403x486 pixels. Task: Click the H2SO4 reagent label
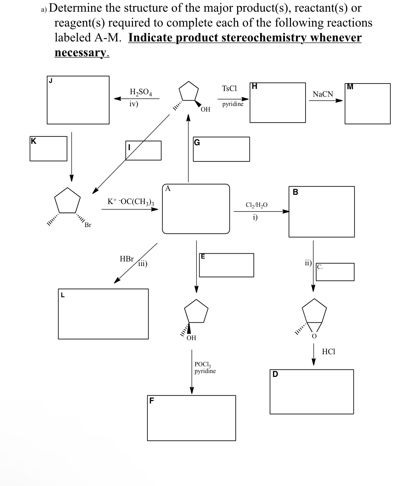[x=141, y=92]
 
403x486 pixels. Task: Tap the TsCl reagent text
[x=229, y=89]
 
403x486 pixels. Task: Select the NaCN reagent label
[x=323, y=94]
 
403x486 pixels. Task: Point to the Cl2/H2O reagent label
[x=256, y=205]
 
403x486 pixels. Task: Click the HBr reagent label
[x=127, y=259]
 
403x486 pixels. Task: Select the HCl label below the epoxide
[x=328, y=352]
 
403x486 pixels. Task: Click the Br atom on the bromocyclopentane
[x=88, y=225]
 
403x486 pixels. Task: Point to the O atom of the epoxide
[x=314, y=336]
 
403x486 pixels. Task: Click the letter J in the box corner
[x=51, y=80]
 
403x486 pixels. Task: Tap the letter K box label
[x=33, y=141]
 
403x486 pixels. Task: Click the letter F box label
[x=152, y=401]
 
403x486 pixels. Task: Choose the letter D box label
[x=275, y=374]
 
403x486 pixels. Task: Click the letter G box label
[x=197, y=143]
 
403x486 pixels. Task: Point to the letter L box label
[x=62, y=294]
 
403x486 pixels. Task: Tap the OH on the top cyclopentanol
[x=205, y=109]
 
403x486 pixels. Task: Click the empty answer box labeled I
[x=143, y=151]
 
